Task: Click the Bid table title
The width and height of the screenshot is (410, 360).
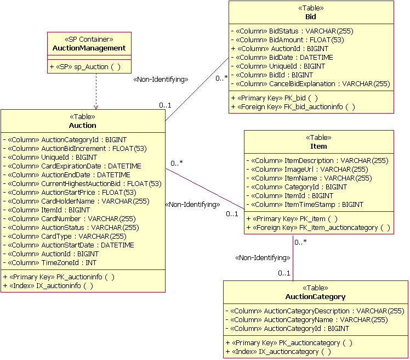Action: pyautogui.click(x=311, y=17)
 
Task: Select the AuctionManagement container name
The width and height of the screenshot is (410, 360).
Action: pyautogui.click(x=89, y=48)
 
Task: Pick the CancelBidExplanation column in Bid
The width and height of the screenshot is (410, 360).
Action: pyautogui.click(x=310, y=84)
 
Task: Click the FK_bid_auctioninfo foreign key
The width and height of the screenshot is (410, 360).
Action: pyautogui.click(x=293, y=106)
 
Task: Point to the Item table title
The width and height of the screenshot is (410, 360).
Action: pyautogui.click(x=318, y=147)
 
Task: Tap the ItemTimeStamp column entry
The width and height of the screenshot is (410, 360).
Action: pyautogui.click(x=305, y=205)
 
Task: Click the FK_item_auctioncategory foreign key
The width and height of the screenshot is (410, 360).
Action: pyautogui.click(x=318, y=228)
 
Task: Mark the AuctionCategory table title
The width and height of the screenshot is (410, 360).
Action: pyautogui.click(x=315, y=297)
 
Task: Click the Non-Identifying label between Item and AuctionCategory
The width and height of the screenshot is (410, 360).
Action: pyautogui.click(x=263, y=257)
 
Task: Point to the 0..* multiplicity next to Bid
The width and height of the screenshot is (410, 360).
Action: pyautogui.click(x=221, y=78)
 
